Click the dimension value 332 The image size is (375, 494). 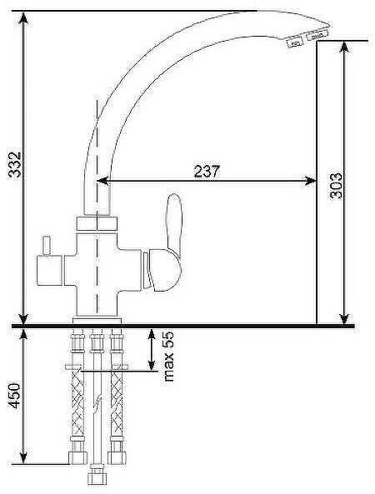pos(15,164)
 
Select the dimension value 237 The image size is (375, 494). pos(207,171)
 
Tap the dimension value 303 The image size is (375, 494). pos(336,186)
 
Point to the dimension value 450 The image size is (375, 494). pos(15,396)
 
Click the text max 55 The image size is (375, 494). pos(168,356)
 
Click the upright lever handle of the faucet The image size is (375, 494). pos(174,223)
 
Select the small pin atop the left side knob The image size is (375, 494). pos(47,246)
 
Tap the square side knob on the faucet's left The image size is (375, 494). pos(49,270)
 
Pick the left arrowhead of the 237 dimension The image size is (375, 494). pos(102,181)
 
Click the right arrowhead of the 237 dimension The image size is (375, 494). pos(310,181)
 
